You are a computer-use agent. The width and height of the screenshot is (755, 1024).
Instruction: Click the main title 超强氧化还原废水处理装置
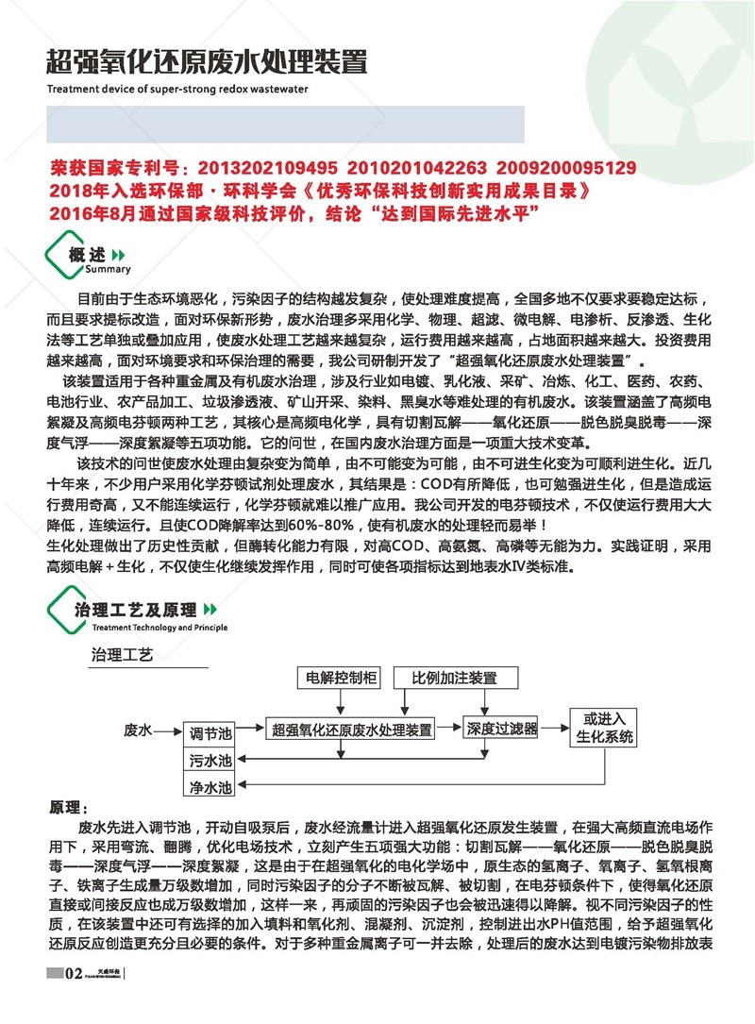click(204, 63)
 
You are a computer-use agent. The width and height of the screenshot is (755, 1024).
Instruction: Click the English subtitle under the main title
click(177, 92)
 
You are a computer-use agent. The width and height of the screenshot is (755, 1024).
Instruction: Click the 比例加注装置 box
click(454, 678)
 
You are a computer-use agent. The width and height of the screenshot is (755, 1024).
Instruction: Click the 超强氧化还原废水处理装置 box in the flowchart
click(353, 730)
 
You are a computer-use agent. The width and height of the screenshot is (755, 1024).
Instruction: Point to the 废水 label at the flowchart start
click(139, 730)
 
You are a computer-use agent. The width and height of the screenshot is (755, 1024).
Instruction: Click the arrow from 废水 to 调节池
click(167, 730)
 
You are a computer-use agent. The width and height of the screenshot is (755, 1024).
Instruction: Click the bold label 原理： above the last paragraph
click(68, 808)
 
